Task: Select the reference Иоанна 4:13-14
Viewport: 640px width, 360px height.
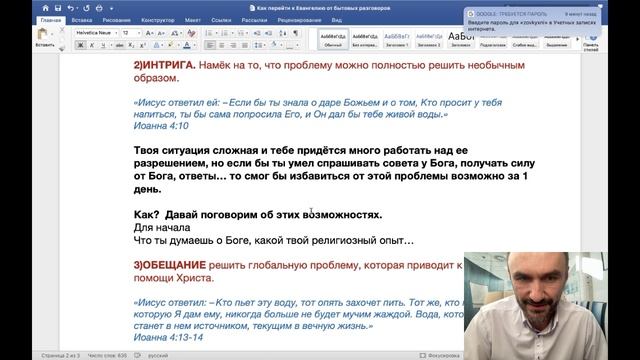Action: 169,340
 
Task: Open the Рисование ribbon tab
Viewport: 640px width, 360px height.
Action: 122,20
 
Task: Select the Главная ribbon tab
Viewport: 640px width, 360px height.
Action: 46,20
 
